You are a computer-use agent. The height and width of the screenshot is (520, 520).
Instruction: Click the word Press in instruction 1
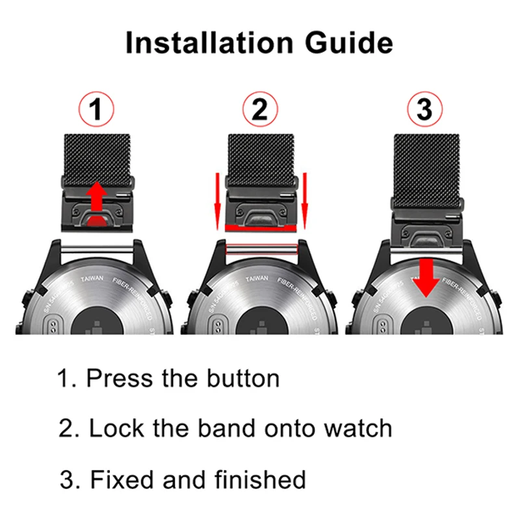pos(114,378)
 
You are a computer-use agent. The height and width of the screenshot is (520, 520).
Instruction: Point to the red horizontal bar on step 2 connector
pos(261,227)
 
